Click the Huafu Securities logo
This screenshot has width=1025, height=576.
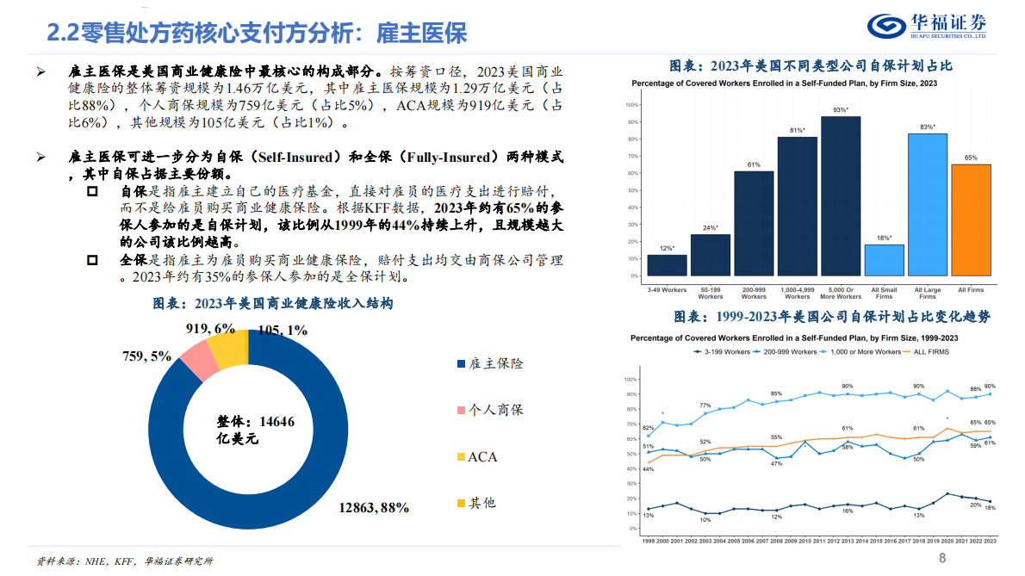[927, 26]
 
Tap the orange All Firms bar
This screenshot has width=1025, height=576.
[971, 220]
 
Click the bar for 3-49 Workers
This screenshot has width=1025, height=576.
[667, 265]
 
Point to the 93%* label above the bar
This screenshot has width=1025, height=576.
[841, 110]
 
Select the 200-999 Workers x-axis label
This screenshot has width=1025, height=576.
[754, 293]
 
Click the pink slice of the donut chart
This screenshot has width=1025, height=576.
[200, 360]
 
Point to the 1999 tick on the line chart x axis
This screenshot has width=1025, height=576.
[648, 541]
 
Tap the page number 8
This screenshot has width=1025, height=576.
[942, 558]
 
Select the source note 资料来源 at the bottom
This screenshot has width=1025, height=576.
[124, 561]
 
